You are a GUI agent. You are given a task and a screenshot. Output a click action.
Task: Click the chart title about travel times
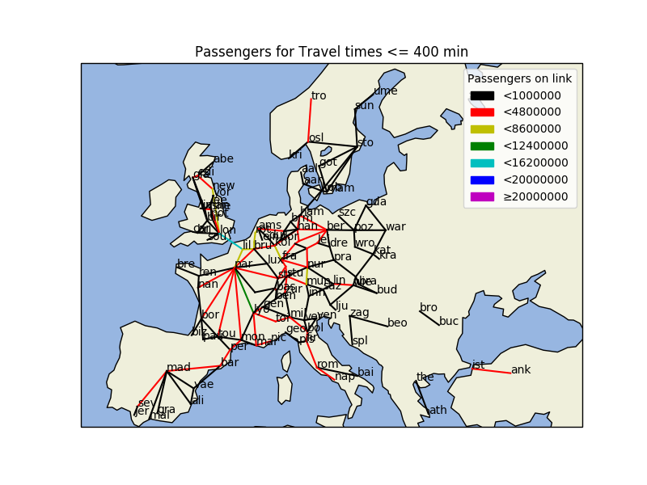[331, 53]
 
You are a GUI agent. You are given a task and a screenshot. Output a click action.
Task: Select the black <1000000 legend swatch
[482, 95]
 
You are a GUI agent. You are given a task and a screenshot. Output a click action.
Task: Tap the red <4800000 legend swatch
[482, 112]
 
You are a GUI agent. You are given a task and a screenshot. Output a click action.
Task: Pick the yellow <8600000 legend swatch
[482, 129]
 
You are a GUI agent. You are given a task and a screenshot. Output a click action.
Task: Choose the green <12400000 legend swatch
[482, 146]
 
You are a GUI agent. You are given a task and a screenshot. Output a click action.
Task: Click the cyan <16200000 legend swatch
[482, 162]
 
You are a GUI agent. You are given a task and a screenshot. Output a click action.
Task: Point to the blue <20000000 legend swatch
[482, 179]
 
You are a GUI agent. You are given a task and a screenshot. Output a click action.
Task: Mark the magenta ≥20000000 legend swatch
[482, 196]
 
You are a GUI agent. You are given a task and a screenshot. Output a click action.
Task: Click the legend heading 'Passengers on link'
[519, 78]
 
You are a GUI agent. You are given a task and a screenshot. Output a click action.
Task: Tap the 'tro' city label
[319, 96]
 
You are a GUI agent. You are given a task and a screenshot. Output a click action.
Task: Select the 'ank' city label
[521, 370]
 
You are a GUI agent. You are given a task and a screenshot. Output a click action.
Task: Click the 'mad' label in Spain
[179, 368]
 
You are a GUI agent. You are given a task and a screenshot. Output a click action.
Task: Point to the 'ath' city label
[438, 410]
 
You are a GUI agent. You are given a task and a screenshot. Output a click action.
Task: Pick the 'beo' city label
[397, 323]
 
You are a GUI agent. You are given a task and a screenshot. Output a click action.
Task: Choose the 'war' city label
[395, 226]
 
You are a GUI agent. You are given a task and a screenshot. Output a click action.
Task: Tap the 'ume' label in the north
[385, 91]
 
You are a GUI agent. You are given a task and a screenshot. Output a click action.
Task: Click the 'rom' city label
[328, 365]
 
